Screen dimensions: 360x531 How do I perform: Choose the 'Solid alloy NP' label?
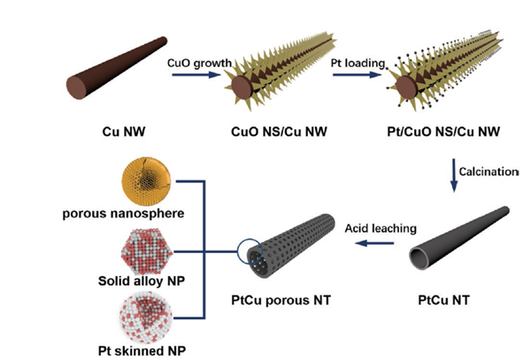point(142,280)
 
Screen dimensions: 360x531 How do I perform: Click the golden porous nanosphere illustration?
point(143,180)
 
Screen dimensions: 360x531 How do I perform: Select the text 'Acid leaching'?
point(381,228)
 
